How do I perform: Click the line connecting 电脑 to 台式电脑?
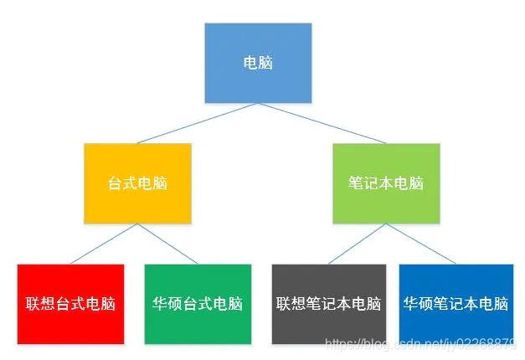point(198,123)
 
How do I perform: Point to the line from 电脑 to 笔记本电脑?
point(322,123)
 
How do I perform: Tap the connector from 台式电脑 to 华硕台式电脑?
point(167,244)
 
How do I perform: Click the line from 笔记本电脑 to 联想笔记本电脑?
point(358,244)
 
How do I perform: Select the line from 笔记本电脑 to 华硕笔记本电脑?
point(419,244)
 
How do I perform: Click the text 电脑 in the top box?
point(258,63)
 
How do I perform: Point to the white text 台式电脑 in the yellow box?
point(137,183)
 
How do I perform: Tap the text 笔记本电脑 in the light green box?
point(385,183)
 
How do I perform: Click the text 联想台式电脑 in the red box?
point(70,304)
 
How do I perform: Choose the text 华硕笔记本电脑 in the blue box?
point(456,304)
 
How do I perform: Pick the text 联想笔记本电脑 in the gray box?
point(328,304)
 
